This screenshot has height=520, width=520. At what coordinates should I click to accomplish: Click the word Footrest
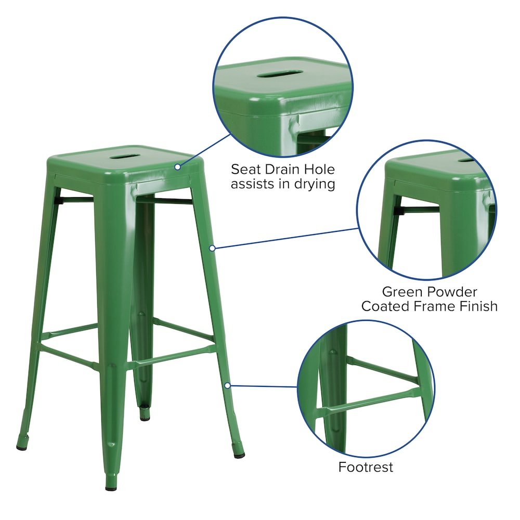click(x=366, y=467)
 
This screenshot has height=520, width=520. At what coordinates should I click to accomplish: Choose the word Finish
click(x=477, y=306)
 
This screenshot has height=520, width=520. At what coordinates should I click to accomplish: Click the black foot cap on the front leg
click(x=111, y=488)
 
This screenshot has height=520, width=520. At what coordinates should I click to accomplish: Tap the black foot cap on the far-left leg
click(x=22, y=446)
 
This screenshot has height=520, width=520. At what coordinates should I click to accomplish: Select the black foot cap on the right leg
click(x=239, y=455)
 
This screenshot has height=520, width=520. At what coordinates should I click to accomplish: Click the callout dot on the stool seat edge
click(x=177, y=167)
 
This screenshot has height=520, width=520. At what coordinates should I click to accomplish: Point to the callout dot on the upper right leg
click(x=212, y=248)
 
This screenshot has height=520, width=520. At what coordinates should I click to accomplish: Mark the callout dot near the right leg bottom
click(x=228, y=385)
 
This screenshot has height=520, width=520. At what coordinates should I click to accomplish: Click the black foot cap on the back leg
click(x=145, y=417)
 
